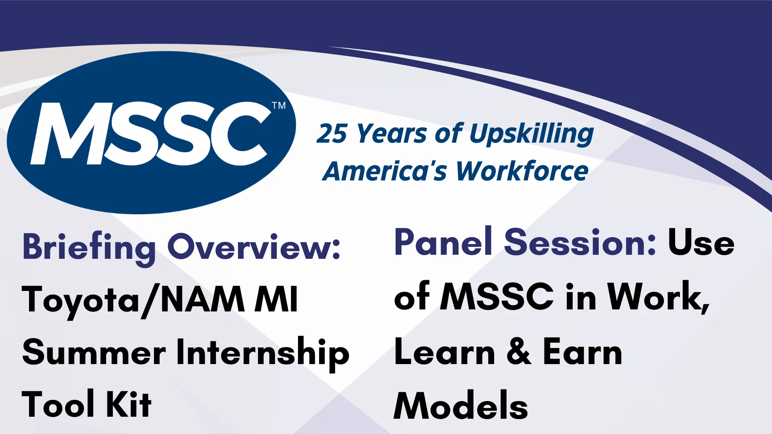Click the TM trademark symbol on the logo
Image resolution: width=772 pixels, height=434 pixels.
pyautogui.click(x=279, y=106)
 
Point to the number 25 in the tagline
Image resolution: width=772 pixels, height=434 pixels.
pyautogui.click(x=332, y=133)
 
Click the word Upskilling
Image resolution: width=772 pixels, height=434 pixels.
pyautogui.click(x=532, y=134)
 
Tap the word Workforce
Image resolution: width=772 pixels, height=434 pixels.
pyautogui.click(x=522, y=171)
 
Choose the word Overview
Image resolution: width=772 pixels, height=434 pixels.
pyautogui.click(x=254, y=247)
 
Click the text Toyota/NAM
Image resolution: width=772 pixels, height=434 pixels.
pyautogui.click(x=133, y=300)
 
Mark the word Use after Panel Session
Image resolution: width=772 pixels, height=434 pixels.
pyautogui.click(x=701, y=242)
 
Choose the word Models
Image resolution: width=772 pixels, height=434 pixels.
pyautogui.click(x=461, y=405)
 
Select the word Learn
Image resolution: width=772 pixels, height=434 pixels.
pyautogui.click(x=445, y=351)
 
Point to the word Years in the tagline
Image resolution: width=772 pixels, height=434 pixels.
pyautogui.click(x=391, y=134)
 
